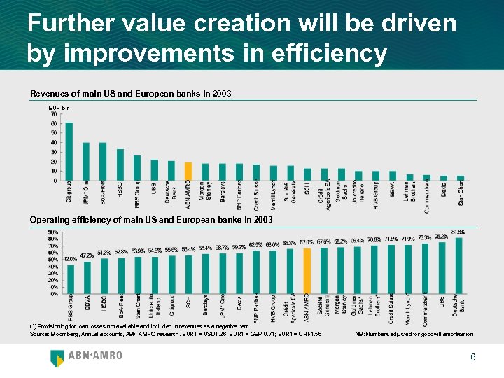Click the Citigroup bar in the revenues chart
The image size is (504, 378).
69,151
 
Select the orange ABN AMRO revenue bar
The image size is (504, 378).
188,171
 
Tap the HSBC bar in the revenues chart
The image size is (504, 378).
120,164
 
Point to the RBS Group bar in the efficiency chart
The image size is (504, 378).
70,279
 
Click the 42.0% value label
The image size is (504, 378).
70,259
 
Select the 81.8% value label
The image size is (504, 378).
459,232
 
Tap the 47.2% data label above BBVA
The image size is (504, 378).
87,255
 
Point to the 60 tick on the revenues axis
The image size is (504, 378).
54,123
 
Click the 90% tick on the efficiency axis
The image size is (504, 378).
52,232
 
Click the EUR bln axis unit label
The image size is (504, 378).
59,108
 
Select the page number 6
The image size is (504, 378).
473,358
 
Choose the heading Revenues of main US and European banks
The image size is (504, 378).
130,94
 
